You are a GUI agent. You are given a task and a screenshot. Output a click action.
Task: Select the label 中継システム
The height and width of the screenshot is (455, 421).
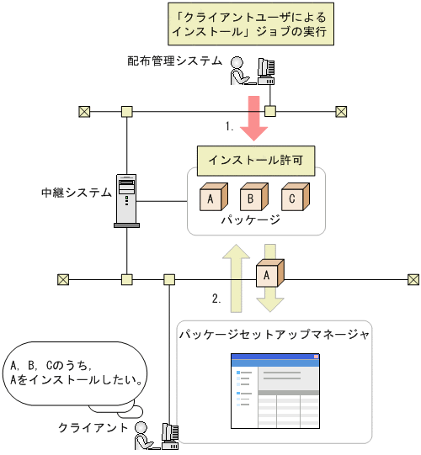[76, 193]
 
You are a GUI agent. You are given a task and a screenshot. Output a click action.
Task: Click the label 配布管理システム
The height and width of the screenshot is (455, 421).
[175, 61]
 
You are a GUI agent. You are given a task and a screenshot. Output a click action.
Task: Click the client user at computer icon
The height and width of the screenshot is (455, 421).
[157, 435]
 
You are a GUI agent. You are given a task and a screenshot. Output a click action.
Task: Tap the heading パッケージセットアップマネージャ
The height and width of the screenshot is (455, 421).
[274, 334]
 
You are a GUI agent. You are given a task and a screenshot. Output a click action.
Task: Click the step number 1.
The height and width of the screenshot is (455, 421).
[229, 127]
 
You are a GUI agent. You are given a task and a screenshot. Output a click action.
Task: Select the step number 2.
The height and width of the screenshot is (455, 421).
[217, 298]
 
